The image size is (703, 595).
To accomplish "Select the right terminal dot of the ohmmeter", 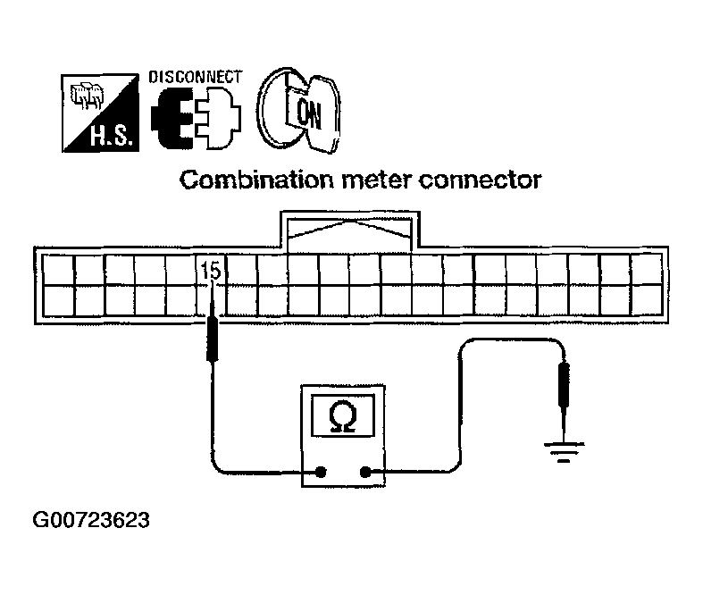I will (365, 473).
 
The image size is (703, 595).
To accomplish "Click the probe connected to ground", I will (563, 384).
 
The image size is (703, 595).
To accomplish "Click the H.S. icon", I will (94, 112).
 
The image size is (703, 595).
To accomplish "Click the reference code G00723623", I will (90, 520).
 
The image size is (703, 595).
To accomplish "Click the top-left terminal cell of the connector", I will (57, 270).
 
